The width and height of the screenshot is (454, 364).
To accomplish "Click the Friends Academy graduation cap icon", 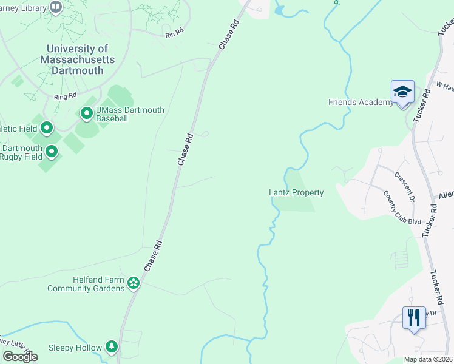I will [x=402, y=92].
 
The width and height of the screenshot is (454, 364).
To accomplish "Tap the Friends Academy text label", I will [x=361, y=102].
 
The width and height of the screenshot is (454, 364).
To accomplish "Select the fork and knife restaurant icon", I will [x=414, y=317].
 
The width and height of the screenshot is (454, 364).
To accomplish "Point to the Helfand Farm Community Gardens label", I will [x=86, y=284].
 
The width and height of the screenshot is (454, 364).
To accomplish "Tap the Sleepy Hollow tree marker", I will [x=112, y=346].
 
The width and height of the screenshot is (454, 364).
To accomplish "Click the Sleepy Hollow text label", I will [x=75, y=348].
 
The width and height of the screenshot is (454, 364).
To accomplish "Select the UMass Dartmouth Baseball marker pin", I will [x=86, y=113].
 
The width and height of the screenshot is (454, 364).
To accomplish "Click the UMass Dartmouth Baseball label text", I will [x=129, y=114].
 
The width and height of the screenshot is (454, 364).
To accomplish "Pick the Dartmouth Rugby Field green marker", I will [x=52, y=151].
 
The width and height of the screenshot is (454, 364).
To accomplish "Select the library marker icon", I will [x=56, y=7].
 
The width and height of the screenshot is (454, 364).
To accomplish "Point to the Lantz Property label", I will [x=296, y=192].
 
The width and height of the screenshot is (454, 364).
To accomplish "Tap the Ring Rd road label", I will [x=66, y=96].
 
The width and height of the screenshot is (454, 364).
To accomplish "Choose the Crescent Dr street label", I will [x=404, y=187].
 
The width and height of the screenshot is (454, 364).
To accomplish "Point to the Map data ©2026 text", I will [x=428, y=359].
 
